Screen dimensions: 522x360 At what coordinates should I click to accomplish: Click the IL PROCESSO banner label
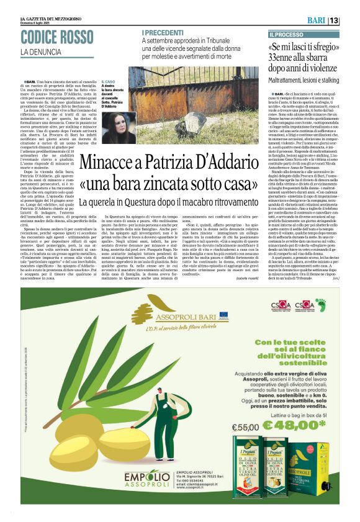[287, 35]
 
